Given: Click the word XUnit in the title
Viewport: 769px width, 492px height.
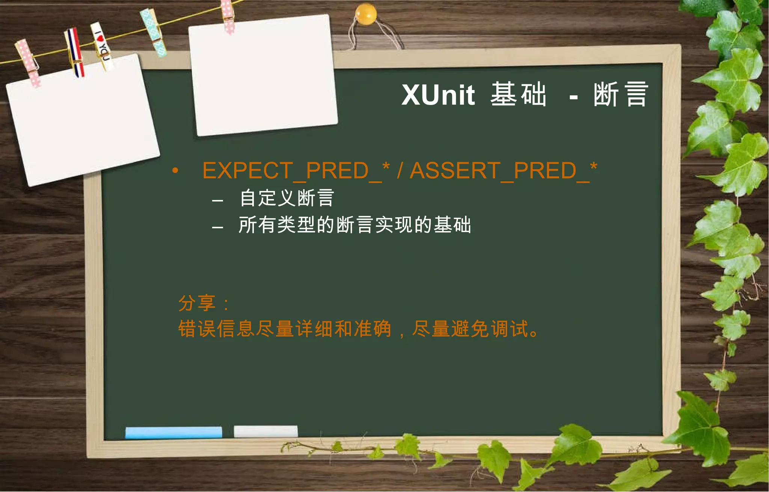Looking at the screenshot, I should tap(438, 95).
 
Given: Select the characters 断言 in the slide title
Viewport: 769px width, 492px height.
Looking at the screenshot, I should tap(621, 94).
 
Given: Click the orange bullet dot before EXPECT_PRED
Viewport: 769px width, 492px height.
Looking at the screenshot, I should tap(175, 171).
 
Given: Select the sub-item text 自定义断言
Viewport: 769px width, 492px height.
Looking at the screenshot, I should tap(287, 198).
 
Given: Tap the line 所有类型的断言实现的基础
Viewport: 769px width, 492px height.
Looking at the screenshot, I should tap(354, 225).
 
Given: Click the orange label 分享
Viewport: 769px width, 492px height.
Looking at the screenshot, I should tap(197, 303).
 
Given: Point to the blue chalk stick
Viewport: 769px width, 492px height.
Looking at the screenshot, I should tap(173, 432).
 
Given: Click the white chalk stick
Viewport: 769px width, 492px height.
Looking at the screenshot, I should tap(265, 431).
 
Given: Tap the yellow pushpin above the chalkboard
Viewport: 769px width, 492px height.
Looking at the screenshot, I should tap(365, 14).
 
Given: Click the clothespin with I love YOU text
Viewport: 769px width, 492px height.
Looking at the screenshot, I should tap(102, 46).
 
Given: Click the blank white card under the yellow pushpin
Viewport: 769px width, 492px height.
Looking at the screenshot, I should tap(263, 75).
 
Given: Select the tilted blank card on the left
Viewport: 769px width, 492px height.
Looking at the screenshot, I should tap(83, 120).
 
